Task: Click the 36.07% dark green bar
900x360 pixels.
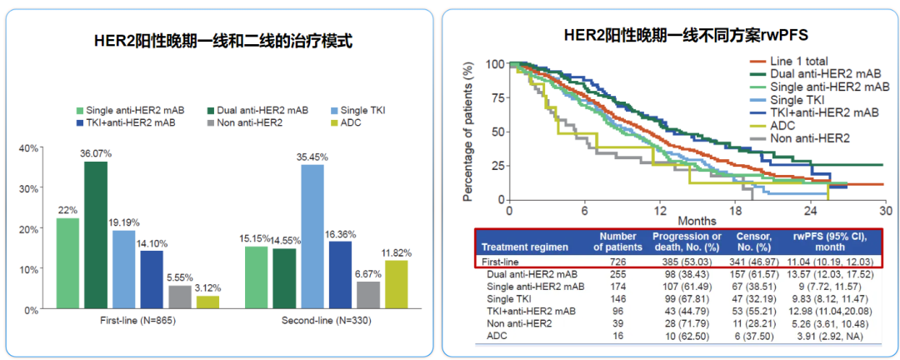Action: [x=96, y=235]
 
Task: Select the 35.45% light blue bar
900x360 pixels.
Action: [x=312, y=237]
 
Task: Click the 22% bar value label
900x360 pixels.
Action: [x=67, y=210]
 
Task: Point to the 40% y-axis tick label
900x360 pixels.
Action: [x=29, y=148]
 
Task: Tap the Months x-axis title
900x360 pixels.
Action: [x=697, y=221]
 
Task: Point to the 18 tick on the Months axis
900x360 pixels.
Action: [x=733, y=210]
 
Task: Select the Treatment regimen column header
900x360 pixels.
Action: [x=525, y=247]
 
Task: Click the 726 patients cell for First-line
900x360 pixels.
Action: [x=617, y=262]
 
